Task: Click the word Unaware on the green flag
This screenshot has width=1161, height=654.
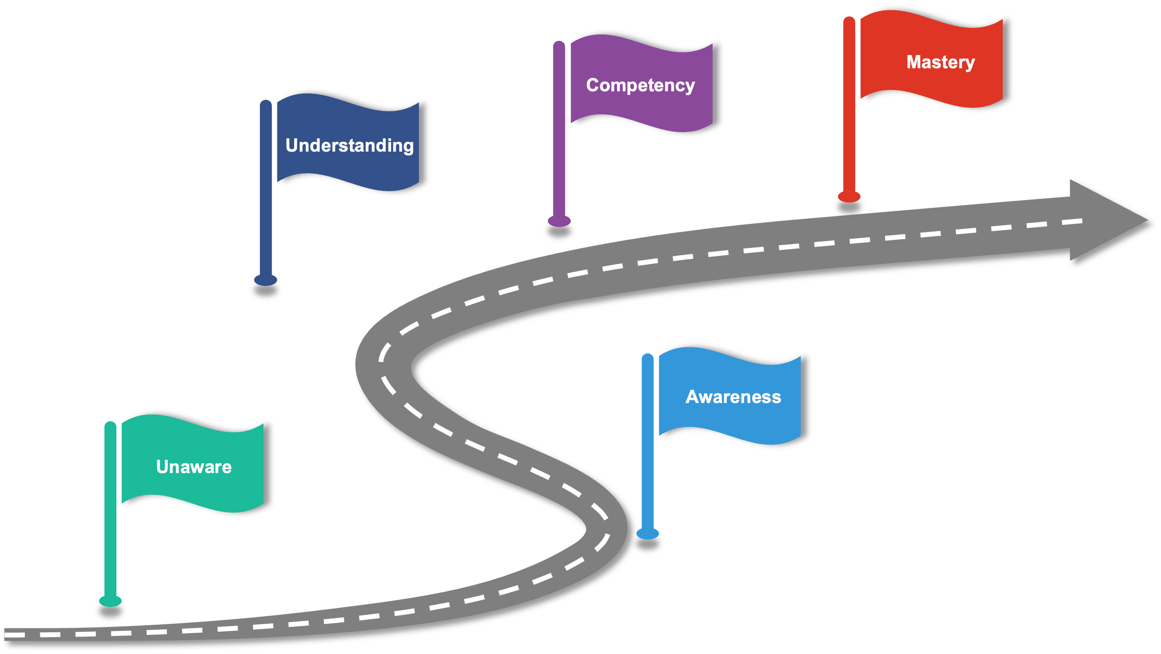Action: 194,467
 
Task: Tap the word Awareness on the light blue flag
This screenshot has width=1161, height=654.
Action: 733,397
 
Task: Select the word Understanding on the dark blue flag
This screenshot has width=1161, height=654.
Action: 349,146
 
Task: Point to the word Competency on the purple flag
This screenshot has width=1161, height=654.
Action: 641,85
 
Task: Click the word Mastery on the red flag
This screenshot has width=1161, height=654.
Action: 940,62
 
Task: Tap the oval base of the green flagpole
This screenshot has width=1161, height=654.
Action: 110,601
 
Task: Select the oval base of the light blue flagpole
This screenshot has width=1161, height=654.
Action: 648,533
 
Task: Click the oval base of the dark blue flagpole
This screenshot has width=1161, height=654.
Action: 265,280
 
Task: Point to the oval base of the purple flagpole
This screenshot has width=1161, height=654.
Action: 559,221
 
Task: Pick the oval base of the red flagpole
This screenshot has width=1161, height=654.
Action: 849,197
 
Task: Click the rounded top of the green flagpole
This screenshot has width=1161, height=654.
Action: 110,426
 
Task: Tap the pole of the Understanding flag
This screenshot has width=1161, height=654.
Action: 266,189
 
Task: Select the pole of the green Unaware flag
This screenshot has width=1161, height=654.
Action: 110,509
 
